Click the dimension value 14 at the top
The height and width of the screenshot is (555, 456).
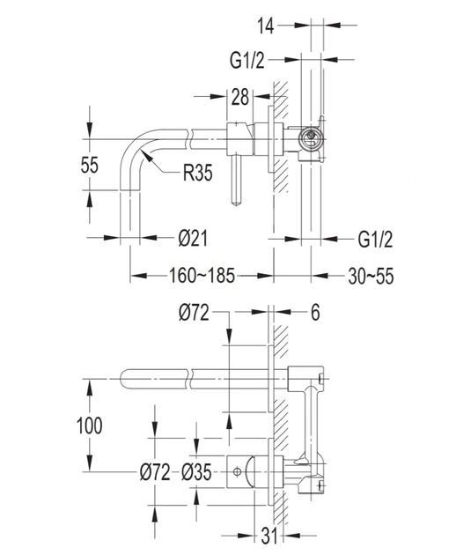(x=265, y=26)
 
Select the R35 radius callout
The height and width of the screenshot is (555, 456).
(x=198, y=173)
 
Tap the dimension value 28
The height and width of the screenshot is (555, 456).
(x=240, y=97)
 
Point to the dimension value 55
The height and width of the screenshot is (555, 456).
(x=89, y=165)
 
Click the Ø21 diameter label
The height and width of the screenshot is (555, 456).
(x=193, y=238)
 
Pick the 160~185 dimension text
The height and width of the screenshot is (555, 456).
(x=202, y=276)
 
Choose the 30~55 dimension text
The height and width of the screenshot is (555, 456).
(x=371, y=276)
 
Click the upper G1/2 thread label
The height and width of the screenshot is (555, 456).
(x=246, y=60)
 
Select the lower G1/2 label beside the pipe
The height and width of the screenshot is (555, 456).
(x=375, y=240)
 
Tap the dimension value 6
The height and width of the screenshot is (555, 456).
(x=315, y=312)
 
